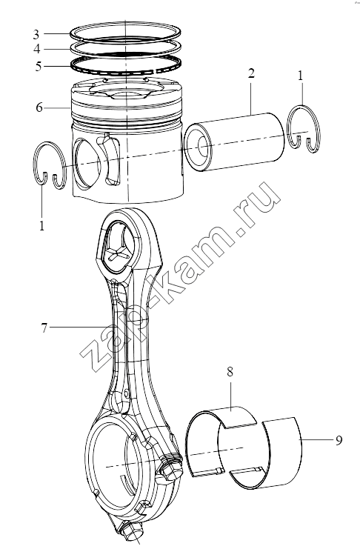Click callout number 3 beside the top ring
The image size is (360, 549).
coord(36,35)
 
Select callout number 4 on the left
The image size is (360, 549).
coord(37,49)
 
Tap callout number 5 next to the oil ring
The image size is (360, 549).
coord(39,66)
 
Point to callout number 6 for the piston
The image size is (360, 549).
coord(39,107)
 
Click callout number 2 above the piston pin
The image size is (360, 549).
coord(251,73)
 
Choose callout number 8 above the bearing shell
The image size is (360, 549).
coord(230,372)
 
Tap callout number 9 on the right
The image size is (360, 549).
coord(339,440)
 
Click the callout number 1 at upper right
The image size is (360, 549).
coord(300,76)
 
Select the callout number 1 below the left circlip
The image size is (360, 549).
coord(41,225)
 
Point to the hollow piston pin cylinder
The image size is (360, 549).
coord(234,142)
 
